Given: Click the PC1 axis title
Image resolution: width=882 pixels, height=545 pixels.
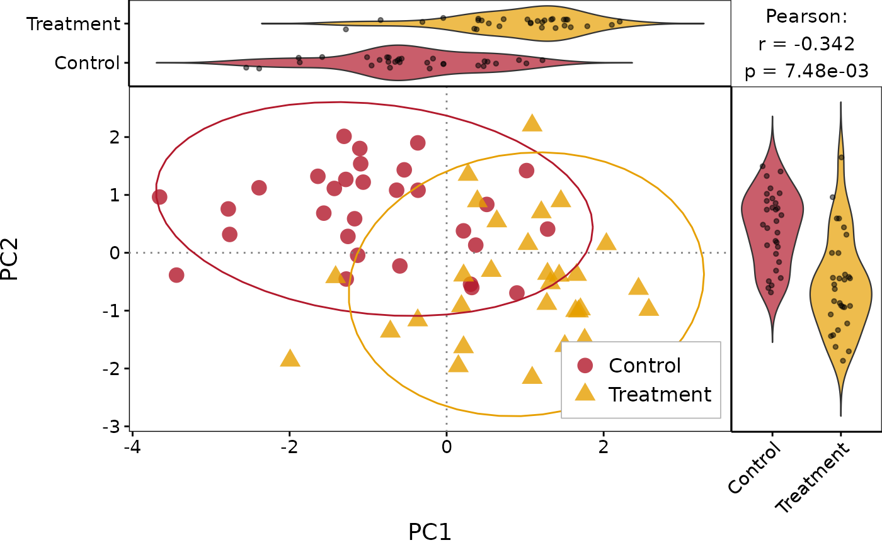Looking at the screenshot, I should tap(430, 532).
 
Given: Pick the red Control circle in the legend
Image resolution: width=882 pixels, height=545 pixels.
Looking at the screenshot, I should tap(585, 366).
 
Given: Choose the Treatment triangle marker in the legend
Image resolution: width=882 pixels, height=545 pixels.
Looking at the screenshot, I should tap(585, 393).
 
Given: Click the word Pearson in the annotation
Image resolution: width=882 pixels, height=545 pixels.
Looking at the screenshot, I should tap(806, 16).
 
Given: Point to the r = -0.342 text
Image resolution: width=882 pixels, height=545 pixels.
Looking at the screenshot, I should tap(806, 44).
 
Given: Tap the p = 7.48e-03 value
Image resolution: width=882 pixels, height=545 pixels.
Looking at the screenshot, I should tap(806, 72).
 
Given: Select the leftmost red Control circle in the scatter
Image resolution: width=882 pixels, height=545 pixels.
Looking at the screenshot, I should tap(159, 197).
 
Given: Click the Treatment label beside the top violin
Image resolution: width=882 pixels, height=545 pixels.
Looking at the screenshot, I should tap(74, 24).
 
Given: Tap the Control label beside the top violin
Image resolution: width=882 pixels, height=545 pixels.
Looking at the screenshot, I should tap(87, 63).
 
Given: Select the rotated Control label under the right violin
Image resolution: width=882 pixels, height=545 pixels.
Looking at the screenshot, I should tap(755, 469).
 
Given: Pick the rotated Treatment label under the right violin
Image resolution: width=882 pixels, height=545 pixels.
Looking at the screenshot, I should tap(813, 478).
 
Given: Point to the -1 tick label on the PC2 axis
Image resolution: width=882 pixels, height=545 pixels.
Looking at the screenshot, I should tap(114, 311).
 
